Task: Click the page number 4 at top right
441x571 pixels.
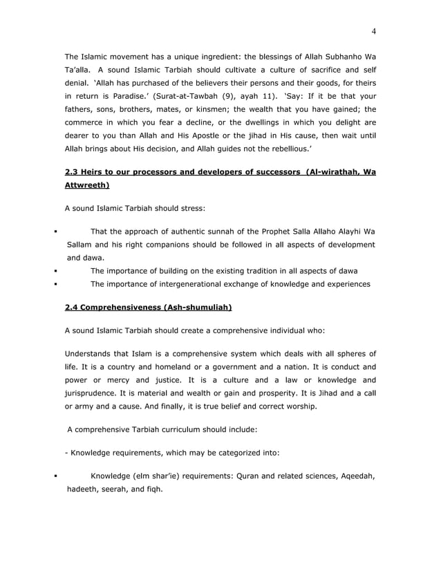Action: coord(373,31)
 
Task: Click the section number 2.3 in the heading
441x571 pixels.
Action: coord(73,172)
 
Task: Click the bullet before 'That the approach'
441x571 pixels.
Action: coord(54,232)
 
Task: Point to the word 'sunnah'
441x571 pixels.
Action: coord(212,232)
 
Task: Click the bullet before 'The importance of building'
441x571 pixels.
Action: coord(54,270)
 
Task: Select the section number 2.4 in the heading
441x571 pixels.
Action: coord(73,306)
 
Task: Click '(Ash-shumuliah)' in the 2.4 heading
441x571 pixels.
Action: coord(191,306)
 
